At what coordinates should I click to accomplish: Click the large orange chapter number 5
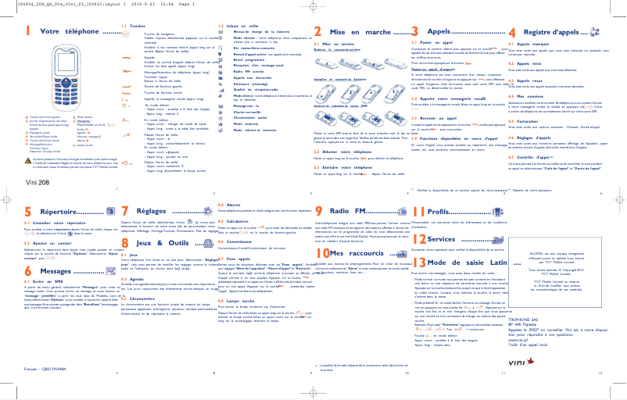[x=28, y=212]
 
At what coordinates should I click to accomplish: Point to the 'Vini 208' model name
[x=38, y=180]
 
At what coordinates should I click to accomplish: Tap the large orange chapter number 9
[x=318, y=212]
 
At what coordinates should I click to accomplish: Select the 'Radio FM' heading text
[x=349, y=212]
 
